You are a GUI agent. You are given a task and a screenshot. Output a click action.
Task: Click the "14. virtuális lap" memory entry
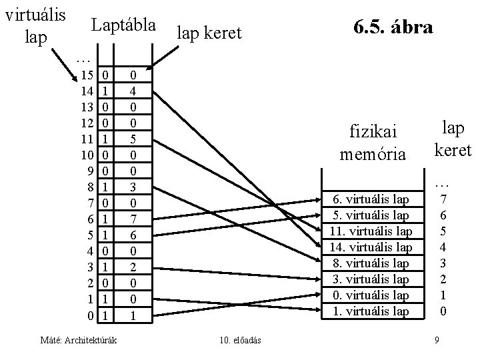pos(371,247)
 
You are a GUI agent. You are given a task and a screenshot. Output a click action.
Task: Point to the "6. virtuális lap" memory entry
pos(371,199)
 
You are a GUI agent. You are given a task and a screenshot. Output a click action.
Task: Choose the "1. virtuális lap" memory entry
pos(371,310)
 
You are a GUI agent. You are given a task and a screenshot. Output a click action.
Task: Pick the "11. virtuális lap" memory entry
pos(371,231)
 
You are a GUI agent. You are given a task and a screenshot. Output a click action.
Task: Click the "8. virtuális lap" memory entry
pos(371,263)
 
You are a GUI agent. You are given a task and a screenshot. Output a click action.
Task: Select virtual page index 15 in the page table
pos(87,75)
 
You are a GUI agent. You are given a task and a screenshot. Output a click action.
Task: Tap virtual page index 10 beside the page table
pos(87,154)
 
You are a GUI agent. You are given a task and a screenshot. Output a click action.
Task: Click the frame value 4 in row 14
pos(133,91)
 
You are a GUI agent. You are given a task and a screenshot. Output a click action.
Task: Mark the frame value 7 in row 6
pos(133,217)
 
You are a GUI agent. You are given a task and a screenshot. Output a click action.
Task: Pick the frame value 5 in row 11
pos(133,139)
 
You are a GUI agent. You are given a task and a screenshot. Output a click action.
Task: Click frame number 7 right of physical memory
pos(444,199)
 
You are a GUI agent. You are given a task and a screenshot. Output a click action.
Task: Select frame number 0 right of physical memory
pos(444,310)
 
